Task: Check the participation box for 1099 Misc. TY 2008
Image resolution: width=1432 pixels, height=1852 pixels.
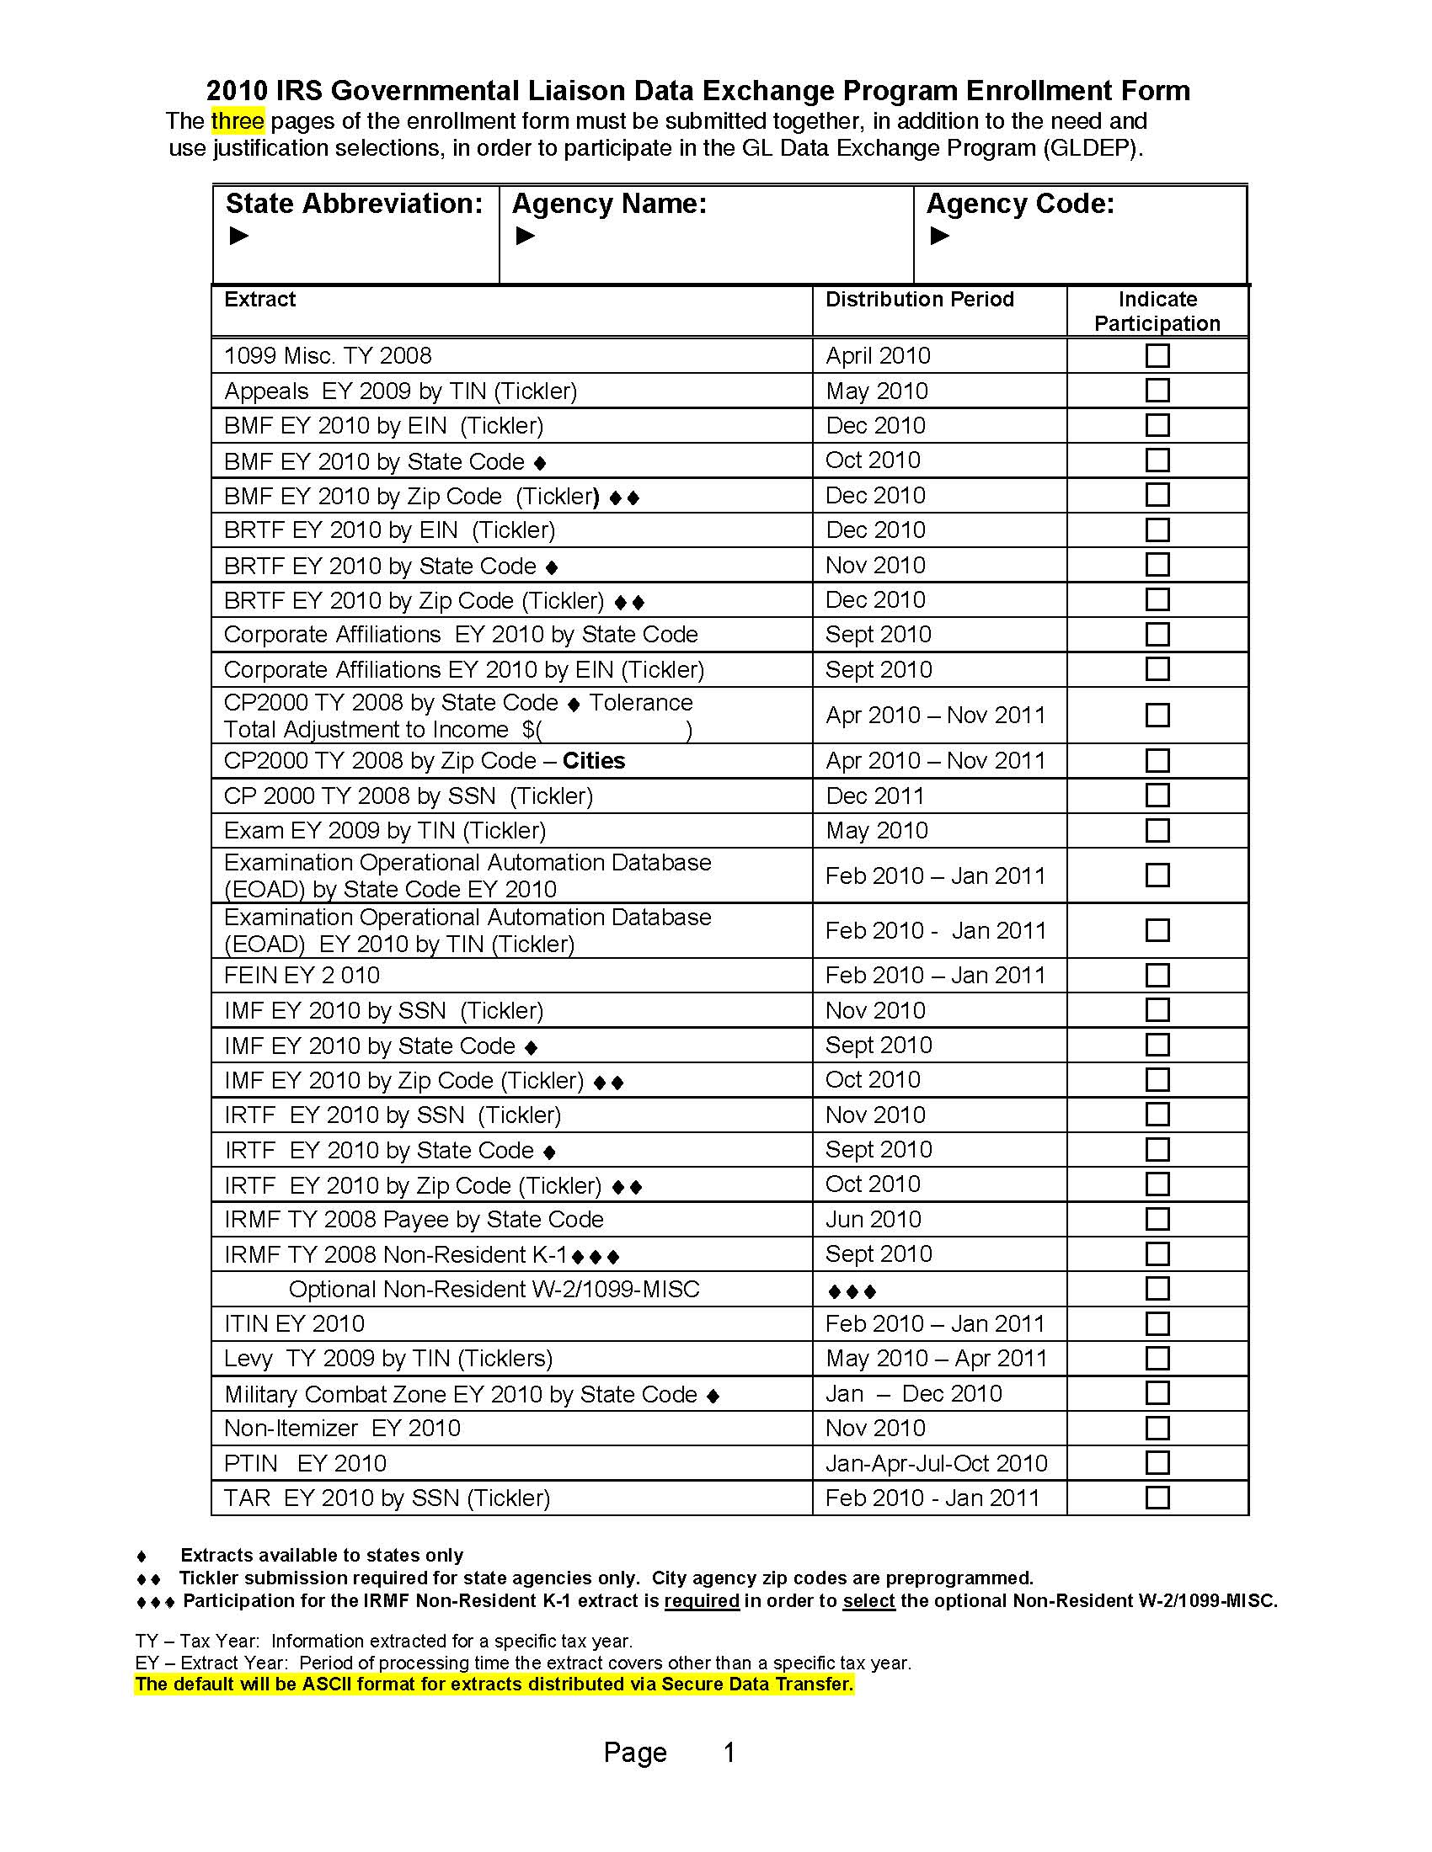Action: click(1157, 355)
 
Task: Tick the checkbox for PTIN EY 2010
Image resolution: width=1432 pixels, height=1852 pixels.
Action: click(1157, 1463)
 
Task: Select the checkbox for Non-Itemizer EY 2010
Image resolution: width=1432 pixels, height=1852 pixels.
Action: click(1157, 1428)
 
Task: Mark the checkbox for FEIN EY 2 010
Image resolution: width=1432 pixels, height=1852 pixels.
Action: click(1157, 975)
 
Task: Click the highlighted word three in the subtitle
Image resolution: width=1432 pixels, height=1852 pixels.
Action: click(238, 121)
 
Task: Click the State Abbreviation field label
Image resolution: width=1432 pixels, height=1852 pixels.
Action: click(354, 204)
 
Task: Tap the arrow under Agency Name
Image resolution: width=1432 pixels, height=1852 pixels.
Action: click(525, 236)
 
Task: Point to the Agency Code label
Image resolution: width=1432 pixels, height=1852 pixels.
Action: click(1020, 204)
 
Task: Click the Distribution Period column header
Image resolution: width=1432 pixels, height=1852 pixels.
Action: click(920, 300)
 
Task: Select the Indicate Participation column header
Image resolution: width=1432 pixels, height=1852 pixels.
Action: click(1157, 311)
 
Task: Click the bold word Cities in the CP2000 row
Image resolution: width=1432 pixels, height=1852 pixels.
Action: click(593, 761)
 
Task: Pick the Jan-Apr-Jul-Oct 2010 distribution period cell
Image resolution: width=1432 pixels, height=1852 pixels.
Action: click(937, 1463)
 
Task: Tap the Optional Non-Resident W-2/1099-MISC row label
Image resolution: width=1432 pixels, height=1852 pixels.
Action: click(494, 1289)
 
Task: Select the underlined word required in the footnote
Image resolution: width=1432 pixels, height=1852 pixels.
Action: click(702, 1601)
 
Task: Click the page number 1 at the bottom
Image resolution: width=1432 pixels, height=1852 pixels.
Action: click(729, 1752)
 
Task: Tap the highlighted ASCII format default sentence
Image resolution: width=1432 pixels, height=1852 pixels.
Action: click(494, 1684)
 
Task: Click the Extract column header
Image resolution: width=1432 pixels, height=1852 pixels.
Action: click(259, 300)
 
